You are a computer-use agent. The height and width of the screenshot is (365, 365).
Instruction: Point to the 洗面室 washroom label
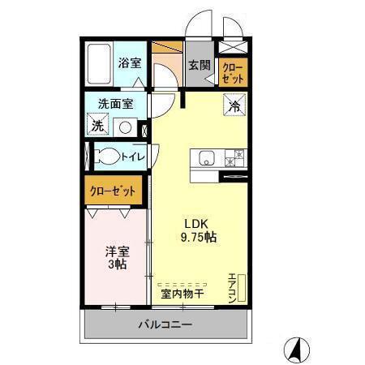(x=113, y=104)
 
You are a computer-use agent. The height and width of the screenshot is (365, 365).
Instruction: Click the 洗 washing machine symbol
(x=97, y=126)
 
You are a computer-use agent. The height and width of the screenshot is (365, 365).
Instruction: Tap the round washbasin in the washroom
(x=125, y=127)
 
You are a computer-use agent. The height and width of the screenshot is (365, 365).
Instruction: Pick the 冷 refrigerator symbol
(x=233, y=106)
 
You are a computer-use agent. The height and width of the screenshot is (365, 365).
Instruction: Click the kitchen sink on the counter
(x=202, y=157)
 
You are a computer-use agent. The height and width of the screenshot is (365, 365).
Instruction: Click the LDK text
(x=195, y=224)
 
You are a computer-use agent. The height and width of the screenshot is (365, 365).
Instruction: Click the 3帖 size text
(x=116, y=264)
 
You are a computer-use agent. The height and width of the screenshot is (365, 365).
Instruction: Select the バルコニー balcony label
(x=165, y=326)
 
